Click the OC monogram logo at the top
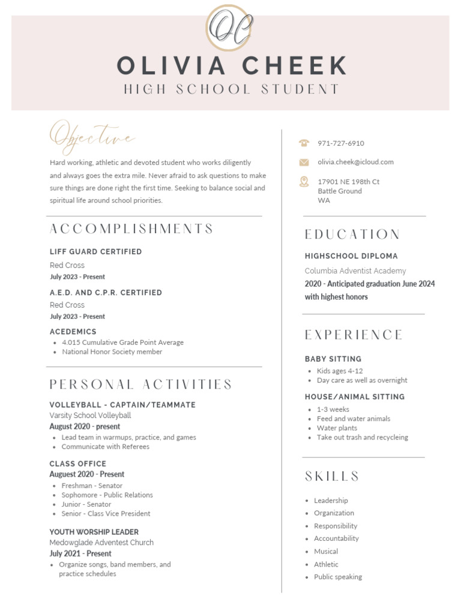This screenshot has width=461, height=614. click(x=229, y=28)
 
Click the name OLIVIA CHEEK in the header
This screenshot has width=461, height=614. click(x=232, y=66)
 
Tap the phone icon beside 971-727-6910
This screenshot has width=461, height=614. click(x=304, y=143)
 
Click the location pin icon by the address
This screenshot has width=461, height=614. click(x=304, y=182)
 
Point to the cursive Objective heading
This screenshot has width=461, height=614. click(x=92, y=136)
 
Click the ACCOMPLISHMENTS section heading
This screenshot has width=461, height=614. click(x=131, y=229)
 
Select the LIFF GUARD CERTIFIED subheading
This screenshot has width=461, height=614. click(x=95, y=252)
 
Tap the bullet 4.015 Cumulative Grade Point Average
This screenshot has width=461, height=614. click(x=122, y=342)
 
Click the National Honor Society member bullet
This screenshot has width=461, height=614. click(x=112, y=352)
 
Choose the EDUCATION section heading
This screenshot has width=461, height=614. click(x=352, y=234)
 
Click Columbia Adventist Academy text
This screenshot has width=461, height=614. click(x=355, y=271)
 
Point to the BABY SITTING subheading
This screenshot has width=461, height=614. click(x=333, y=359)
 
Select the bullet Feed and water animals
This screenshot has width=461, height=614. click(x=353, y=419)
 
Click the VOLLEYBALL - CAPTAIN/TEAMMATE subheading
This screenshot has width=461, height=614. click(x=122, y=405)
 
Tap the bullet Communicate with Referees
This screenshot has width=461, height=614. click(x=105, y=447)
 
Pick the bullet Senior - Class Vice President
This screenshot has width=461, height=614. click(x=106, y=513)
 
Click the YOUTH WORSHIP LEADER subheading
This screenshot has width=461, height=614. click(x=94, y=532)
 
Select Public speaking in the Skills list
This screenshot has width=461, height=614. click(x=337, y=577)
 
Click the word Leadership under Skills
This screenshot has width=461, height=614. click(x=331, y=501)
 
